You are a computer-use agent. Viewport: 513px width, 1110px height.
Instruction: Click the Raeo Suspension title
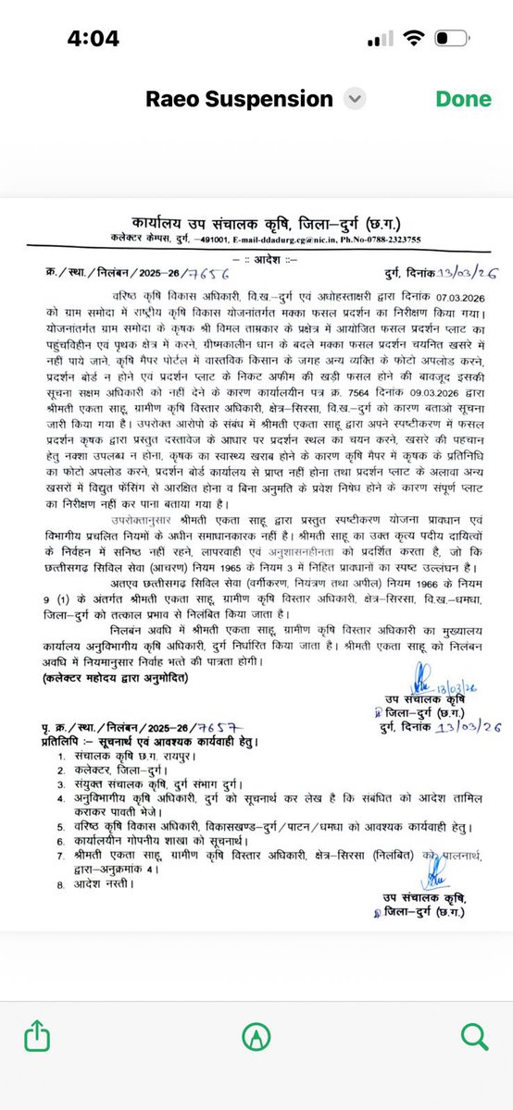[238, 99]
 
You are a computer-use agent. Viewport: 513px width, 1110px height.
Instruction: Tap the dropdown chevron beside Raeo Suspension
[353, 99]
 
